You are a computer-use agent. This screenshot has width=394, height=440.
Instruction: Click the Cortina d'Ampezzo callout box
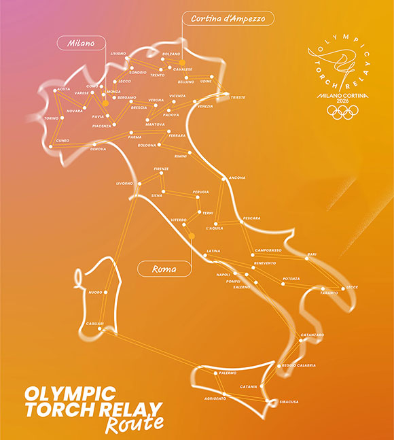(x=228, y=18)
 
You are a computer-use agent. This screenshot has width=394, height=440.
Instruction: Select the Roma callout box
(x=164, y=269)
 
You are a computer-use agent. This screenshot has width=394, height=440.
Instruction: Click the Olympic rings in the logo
(x=340, y=112)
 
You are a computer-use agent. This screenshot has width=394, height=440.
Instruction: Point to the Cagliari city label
(x=95, y=323)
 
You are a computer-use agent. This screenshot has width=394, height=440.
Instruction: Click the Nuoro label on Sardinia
(x=96, y=292)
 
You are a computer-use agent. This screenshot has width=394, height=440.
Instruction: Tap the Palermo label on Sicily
(x=228, y=373)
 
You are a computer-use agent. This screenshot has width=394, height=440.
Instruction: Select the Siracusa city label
(x=289, y=402)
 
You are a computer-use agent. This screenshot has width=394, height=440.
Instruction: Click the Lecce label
(x=352, y=287)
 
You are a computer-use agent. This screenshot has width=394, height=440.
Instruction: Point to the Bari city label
(x=312, y=254)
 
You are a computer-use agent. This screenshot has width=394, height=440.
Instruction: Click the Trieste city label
(x=238, y=97)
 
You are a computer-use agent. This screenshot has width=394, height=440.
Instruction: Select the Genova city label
(x=98, y=149)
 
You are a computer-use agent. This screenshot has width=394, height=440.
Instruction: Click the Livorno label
(x=125, y=184)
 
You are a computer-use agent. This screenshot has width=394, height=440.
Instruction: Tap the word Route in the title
(x=135, y=423)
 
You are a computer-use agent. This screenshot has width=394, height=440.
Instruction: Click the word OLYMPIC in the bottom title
(x=70, y=394)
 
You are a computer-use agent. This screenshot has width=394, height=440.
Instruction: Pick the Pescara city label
(x=252, y=218)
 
